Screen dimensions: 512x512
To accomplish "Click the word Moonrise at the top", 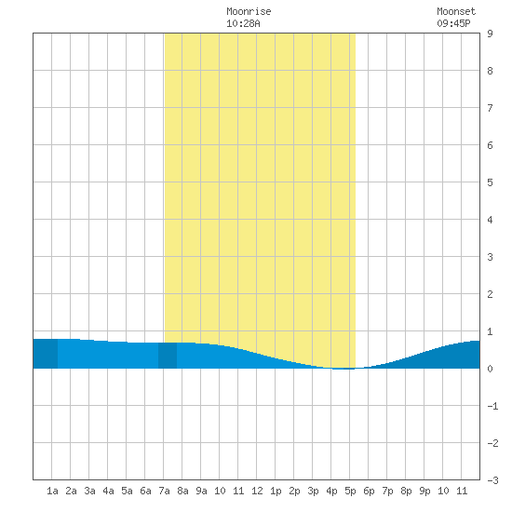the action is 249,11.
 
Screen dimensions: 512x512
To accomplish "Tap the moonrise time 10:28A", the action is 243,23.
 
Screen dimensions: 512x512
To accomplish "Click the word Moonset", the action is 456,11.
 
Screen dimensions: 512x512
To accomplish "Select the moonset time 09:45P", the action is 453,23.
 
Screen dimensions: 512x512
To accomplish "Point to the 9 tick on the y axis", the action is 490,34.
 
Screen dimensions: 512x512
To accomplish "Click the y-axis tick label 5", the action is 490,182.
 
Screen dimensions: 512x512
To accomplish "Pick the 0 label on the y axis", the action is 490,369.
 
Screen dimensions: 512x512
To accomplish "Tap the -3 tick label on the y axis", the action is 492,480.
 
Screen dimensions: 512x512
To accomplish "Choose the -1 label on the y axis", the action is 492,406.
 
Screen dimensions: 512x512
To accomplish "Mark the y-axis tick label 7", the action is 490,108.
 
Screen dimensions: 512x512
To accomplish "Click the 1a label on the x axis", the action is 52,491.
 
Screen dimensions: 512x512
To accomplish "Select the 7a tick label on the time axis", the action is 164,491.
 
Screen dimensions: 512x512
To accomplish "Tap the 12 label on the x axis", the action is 257,491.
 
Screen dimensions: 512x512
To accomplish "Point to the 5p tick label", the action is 350,491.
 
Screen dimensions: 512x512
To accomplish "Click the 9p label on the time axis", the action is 424,491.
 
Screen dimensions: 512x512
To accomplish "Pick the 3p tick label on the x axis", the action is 313,491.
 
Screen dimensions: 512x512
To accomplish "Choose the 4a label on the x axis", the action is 108,491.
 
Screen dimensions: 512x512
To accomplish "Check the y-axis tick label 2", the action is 490,294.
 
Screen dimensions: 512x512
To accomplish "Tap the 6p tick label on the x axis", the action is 369,491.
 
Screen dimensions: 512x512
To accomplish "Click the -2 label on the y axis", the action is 492,443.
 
